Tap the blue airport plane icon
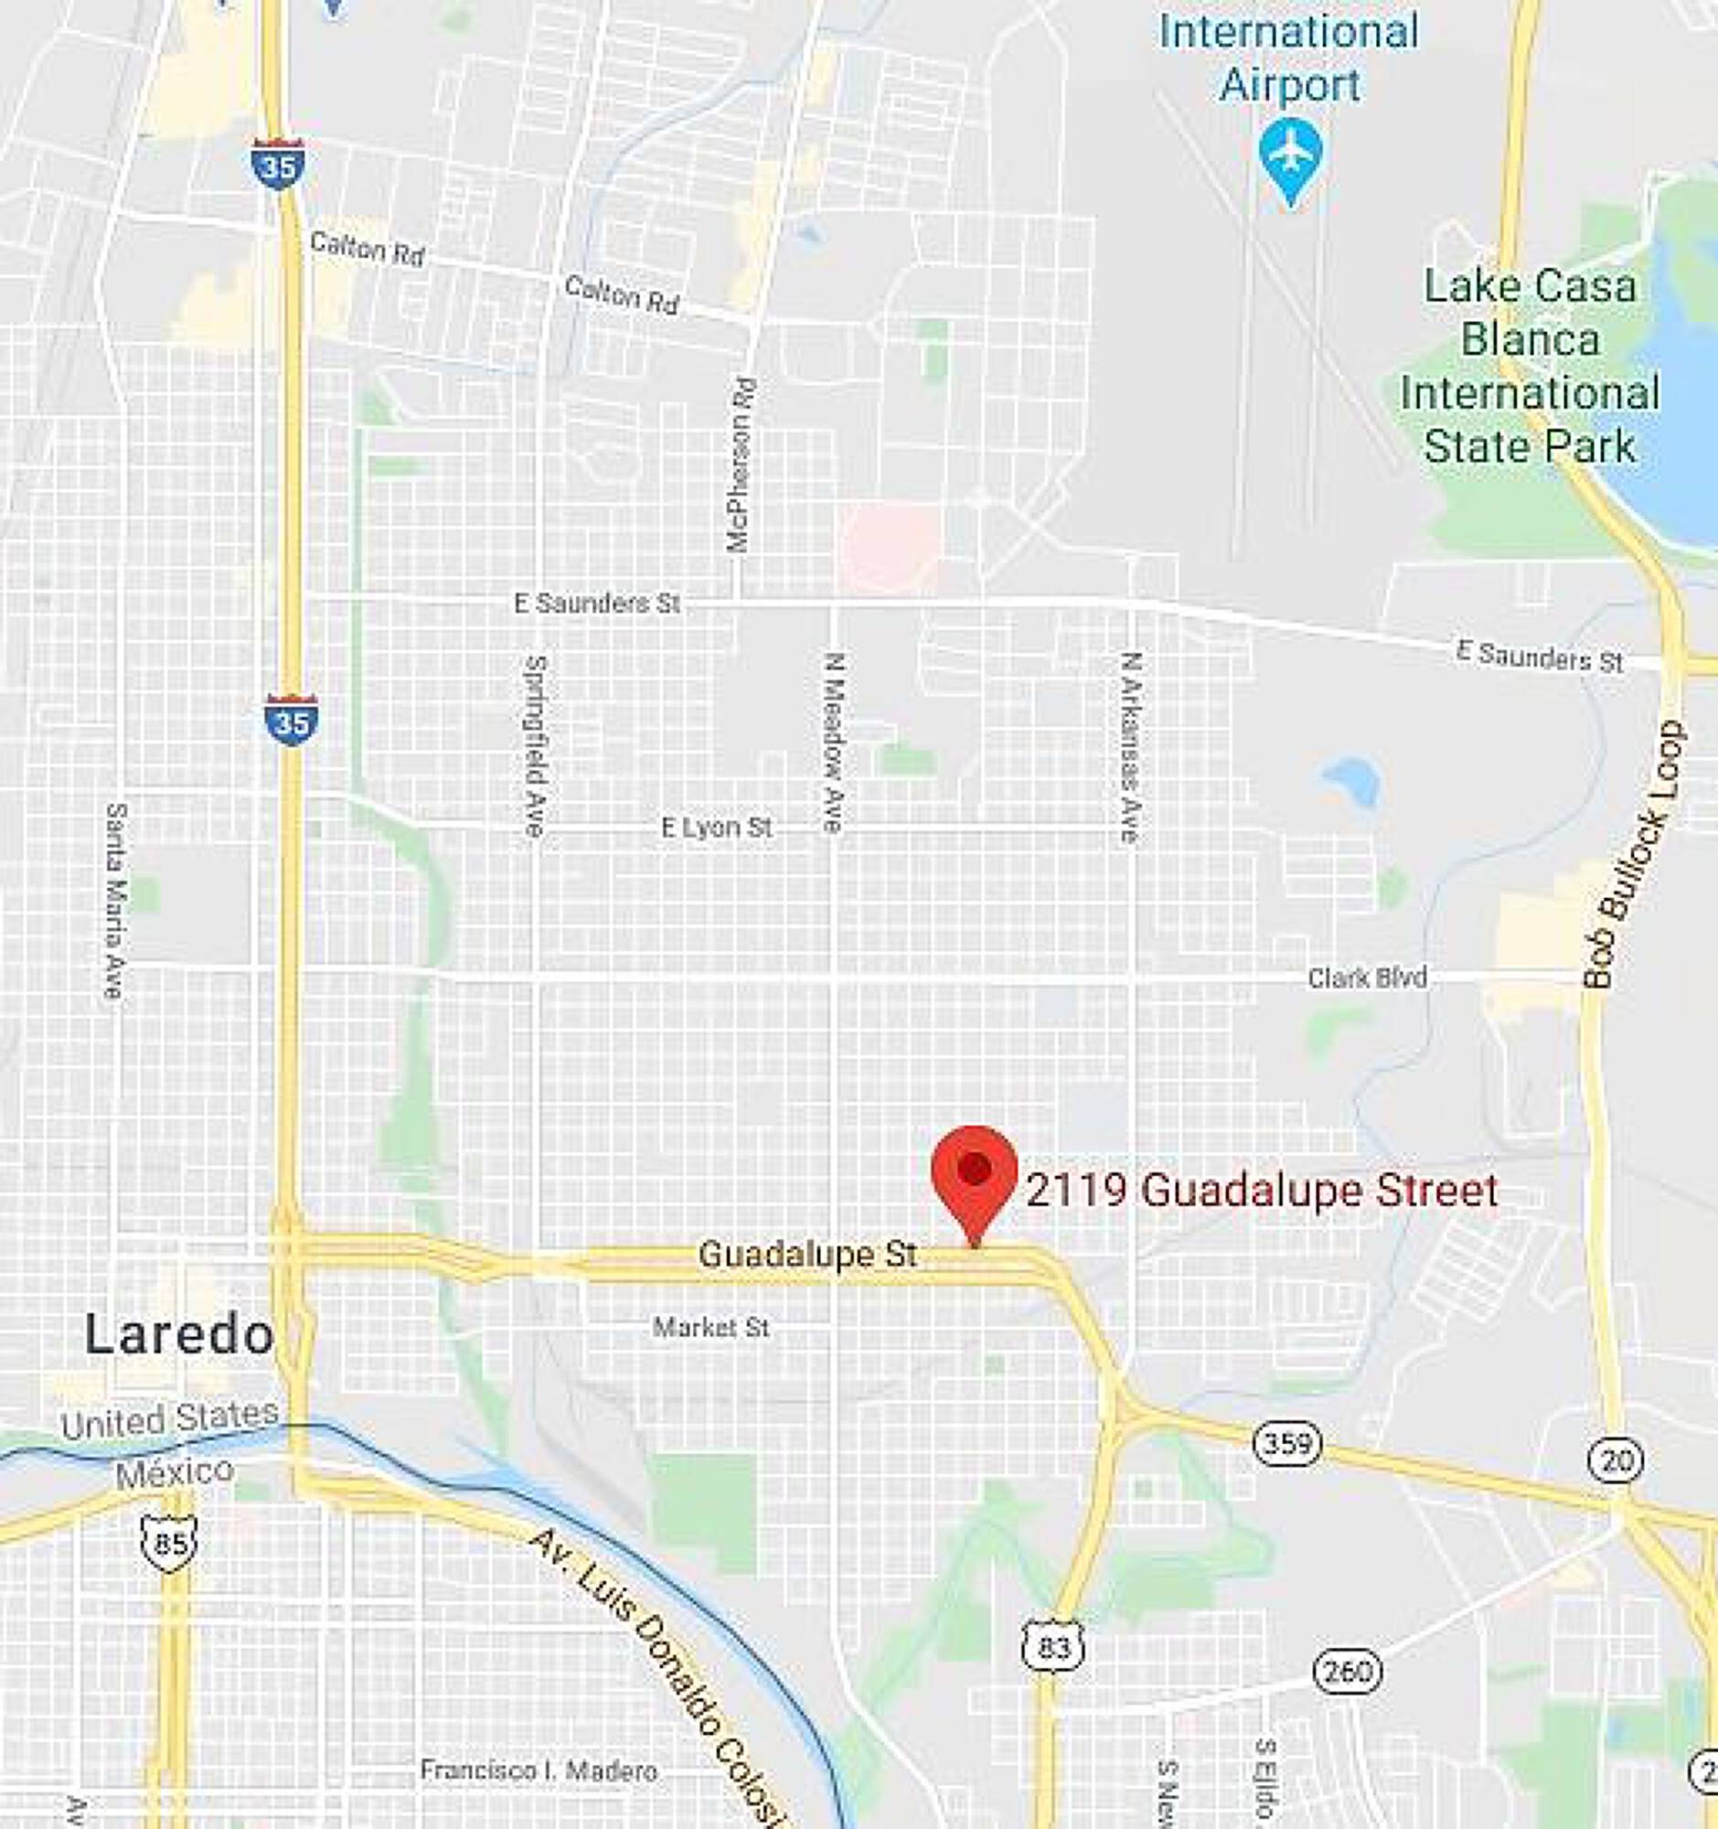coord(1290,157)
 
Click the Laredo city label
coord(179,1335)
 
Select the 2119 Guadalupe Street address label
coord(1262,1191)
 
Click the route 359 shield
coord(1287,1443)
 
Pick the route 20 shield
coord(1616,1460)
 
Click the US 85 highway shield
coord(170,1542)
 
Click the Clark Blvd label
coord(1367,977)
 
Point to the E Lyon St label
coord(717,827)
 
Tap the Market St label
coord(711,1327)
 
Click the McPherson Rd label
coord(742,465)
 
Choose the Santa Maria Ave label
coord(115,901)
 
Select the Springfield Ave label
coord(534,745)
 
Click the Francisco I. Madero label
coord(538,1770)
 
